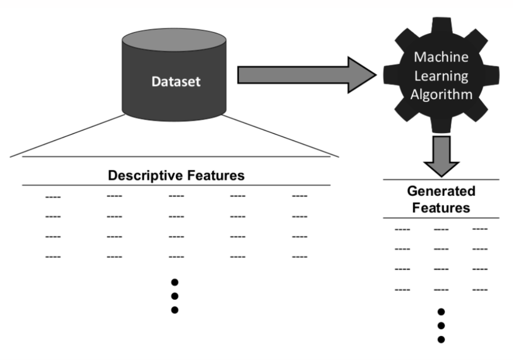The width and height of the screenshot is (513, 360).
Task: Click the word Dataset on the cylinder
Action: pyautogui.click(x=176, y=82)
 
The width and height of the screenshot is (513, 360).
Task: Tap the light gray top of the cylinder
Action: pyautogui.click(x=174, y=40)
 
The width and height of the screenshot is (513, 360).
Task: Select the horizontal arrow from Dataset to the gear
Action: pyautogui.click(x=307, y=75)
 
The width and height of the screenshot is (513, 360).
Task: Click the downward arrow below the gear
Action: pyautogui.click(x=441, y=156)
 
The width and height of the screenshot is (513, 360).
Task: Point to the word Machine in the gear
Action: pyautogui.click(x=441, y=57)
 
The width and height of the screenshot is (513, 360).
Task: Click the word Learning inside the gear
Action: pyautogui.click(x=441, y=76)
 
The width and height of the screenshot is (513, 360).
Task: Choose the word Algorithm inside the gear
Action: pyautogui.click(x=441, y=95)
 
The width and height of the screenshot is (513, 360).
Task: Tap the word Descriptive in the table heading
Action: pyautogui.click(x=146, y=176)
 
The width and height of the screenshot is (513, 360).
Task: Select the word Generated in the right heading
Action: pyautogui.click(x=441, y=191)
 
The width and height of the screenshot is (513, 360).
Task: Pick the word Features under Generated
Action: pyautogui.click(x=441, y=208)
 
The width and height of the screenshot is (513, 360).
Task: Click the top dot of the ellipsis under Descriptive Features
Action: pyautogui.click(x=174, y=282)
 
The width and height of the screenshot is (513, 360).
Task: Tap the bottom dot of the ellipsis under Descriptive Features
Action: pyautogui.click(x=174, y=310)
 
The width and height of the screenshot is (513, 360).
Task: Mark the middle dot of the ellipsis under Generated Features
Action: pyautogui.click(x=441, y=326)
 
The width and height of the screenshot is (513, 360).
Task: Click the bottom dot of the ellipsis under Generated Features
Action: pyautogui.click(x=441, y=340)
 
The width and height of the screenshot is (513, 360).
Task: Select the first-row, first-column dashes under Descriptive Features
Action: pyautogui.click(x=53, y=197)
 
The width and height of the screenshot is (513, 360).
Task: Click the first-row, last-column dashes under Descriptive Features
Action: pyautogui.click(x=299, y=196)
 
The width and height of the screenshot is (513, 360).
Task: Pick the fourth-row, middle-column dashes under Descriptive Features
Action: pyautogui.click(x=176, y=257)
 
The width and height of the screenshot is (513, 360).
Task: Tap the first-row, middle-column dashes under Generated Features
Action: pyautogui.click(x=441, y=230)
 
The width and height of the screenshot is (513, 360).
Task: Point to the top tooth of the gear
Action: pyautogui.click(x=441, y=25)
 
